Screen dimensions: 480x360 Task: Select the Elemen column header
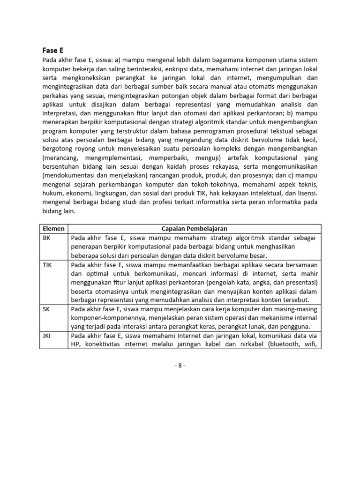click(x=53, y=228)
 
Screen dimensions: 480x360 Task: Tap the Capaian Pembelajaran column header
click(x=194, y=228)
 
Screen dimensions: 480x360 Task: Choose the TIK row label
click(x=47, y=265)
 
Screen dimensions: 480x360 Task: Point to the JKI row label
click(x=47, y=336)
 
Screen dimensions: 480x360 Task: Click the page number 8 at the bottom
click(x=180, y=366)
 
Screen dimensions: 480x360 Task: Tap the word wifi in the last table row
click(x=310, y=345)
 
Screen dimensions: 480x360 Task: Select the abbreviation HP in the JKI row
click(x=76, y=345)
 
